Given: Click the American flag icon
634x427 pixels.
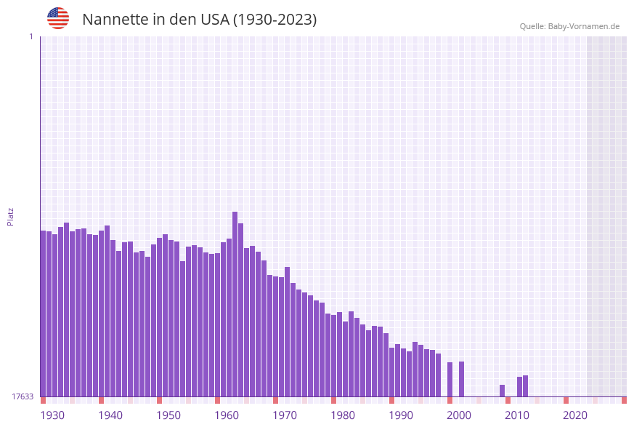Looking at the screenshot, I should pos(58,18).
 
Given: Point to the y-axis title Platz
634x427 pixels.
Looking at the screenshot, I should pos(11,216).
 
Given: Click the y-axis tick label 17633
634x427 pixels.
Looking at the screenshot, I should pos(23,396).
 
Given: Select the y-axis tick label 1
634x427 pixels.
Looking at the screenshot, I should pos(31,36).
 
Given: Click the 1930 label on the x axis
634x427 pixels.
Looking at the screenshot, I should pos(52,415).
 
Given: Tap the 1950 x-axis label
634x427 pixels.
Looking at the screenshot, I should pos(168,415).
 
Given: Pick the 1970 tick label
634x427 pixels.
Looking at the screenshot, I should pos(285,415).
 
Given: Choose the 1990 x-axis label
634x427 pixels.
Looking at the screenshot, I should pos(401,415).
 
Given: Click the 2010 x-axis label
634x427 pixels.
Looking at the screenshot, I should pos(517,415).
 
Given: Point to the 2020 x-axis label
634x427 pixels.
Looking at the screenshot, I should pos(575,415).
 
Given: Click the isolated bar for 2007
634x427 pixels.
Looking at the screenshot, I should pos(502,391).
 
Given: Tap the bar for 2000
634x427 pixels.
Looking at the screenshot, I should pos(461,379).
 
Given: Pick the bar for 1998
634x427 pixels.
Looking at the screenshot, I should pos(450,379).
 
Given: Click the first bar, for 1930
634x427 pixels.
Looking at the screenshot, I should pos(43,313).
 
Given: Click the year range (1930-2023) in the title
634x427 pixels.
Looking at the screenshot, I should pos(275,20).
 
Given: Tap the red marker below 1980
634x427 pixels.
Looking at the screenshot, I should pos(333,400).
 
